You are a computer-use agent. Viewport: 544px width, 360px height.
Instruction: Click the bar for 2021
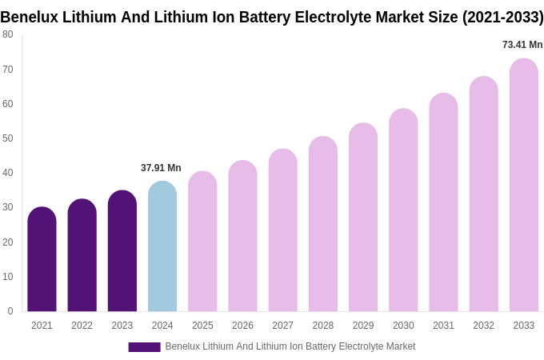click(x=42, y=260)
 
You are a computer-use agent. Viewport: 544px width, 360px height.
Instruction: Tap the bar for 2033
click(x=524, y=186)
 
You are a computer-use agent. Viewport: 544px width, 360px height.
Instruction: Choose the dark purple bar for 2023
click(x=122, y=251)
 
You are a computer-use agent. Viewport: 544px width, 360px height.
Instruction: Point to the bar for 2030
click(x=403, y=210)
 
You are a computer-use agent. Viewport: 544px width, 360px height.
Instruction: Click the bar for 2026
click(x=242, y=236)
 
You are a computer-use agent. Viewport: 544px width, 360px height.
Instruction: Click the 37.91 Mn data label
click(x=161, y=168)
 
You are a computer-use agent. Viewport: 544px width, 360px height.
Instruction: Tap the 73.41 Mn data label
click(x=522, y=45)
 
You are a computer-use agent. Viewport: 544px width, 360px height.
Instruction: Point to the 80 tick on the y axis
click(x=8, y=34)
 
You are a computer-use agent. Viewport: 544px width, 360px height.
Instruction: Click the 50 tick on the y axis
click(x=8, y=138)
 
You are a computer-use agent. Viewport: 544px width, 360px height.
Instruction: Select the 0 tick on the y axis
click(x=10, y=311)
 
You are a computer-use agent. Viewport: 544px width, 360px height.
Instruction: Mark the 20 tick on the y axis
click(x=8, y=242)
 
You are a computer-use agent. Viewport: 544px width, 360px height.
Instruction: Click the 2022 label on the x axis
click(x=82, y=326)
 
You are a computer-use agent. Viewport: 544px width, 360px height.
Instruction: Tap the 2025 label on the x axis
click(x=202, y=326)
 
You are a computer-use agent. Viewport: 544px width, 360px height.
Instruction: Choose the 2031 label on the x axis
click(x=443, y=326)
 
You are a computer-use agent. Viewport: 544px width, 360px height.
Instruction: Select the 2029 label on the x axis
click(x=363, y=326)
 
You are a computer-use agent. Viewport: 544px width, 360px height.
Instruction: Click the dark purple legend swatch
click(x=144, y=347)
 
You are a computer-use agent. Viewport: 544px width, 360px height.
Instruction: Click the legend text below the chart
click(x=290, y=346)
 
